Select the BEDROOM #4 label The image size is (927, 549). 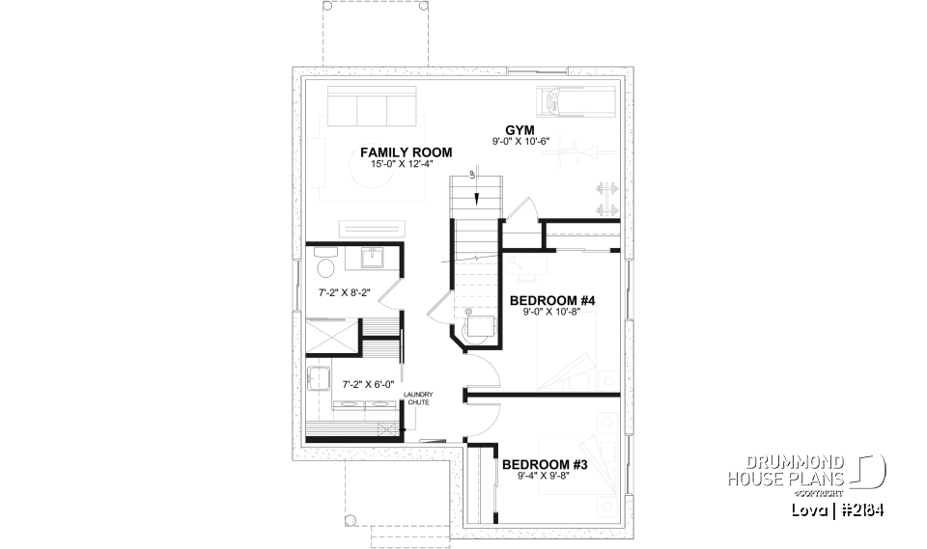(552, 301)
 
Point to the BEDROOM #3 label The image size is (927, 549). (546, 464)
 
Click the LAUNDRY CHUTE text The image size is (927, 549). (418, 398)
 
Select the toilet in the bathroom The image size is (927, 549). (325, 265)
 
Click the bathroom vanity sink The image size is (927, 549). (374, 258)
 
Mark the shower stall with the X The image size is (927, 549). (331, 337)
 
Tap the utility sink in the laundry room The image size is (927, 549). (319, 378)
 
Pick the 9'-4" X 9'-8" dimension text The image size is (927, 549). (546, 476)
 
